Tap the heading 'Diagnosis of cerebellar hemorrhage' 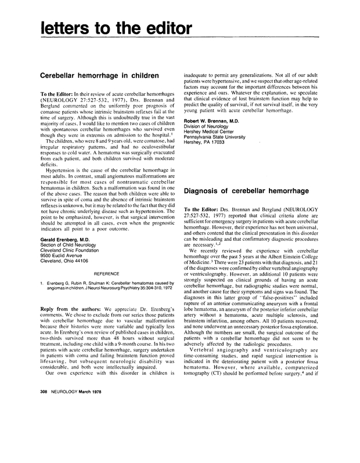253,190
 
